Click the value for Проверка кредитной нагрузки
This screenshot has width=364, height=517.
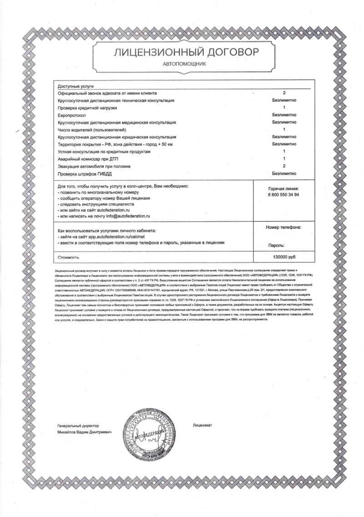click(x=284, y=107)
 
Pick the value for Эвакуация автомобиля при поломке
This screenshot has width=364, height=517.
click(x=284, y=166)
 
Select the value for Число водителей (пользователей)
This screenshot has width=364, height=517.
click(x=284, y=130)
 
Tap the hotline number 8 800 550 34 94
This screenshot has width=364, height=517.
click(x=284, y=194)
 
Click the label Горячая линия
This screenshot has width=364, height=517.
click(x=284, y=188)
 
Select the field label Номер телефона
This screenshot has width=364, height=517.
click(x=283, y=227)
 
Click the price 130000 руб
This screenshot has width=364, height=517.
click(x=284, y=257)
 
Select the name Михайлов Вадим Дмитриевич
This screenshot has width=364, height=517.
click(x=85, y=431)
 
